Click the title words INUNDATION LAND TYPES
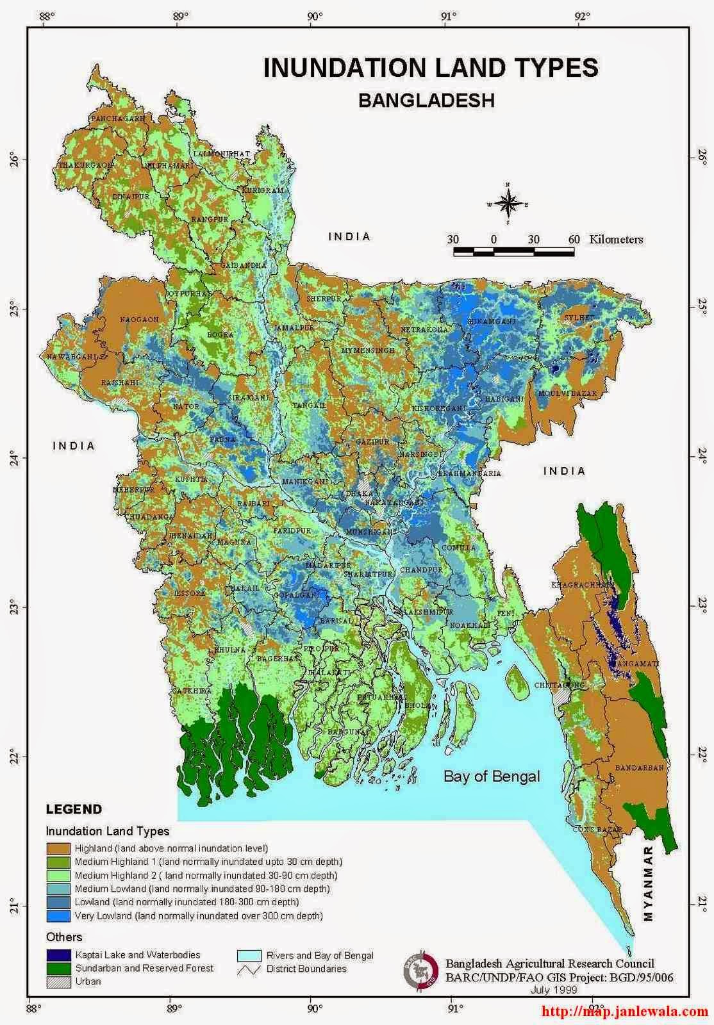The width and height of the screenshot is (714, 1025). (x=431, y=68)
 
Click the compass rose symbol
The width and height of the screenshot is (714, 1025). (x=507, y=204)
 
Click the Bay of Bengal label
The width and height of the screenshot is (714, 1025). (x=492, y=776)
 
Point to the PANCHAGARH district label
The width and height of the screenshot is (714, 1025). (x=118, y=119)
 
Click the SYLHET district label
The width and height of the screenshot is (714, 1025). (x=579, y=318)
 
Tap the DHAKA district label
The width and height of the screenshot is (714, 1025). (x=359, y=494)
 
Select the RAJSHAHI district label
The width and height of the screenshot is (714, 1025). (x=120, y=382)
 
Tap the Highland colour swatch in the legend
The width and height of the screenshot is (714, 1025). (x=58, y=848)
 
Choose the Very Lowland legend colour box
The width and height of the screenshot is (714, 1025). (x=58, y=916)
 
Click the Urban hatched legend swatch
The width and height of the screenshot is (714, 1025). (x=58, y=981)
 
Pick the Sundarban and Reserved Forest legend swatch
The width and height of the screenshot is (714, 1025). (x=58, y=968)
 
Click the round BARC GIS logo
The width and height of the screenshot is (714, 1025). (x=420, y=970)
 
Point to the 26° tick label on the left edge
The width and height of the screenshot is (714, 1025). (x=31, y=160)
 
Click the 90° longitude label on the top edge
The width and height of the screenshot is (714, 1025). (x=313, y=17)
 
